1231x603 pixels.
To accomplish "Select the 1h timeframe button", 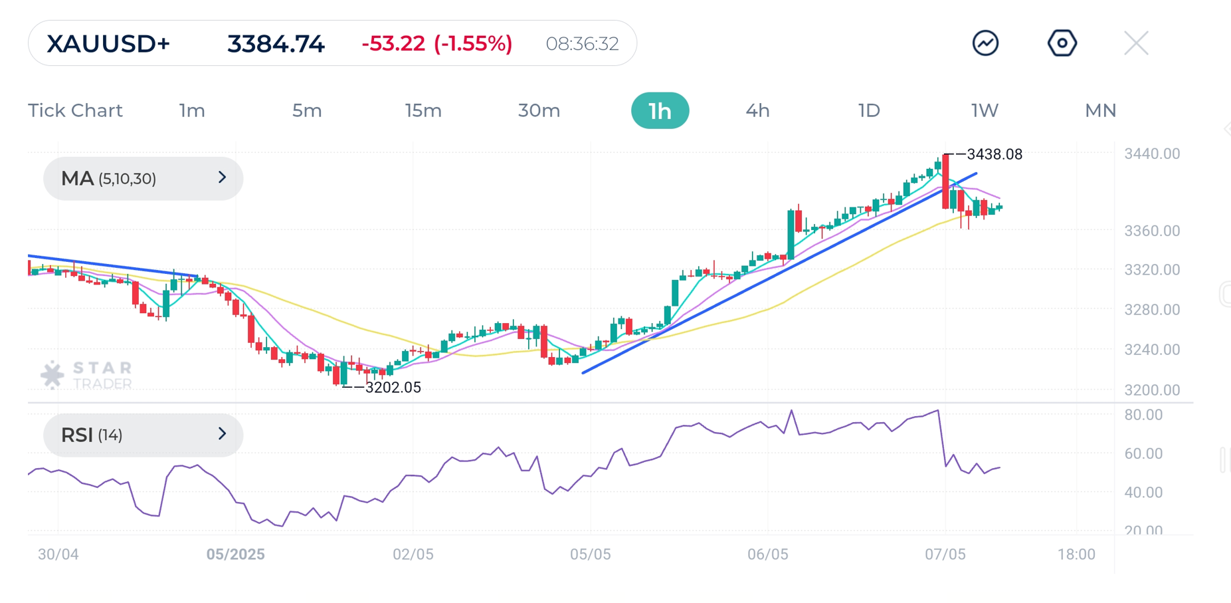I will click(x=660, y=110).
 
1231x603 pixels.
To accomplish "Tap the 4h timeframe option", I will click(x=757, y=110).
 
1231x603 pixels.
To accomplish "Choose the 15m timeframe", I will click(x=423, y=110).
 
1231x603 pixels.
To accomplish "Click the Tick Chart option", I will click(x=75, y=110).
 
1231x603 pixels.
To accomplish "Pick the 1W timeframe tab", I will click(x=985, y=110).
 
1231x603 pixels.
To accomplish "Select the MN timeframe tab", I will click(x=1100, y=110).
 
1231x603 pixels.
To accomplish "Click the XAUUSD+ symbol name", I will click(x=108, y=44).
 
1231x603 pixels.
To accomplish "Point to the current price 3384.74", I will click(x=276, y=44).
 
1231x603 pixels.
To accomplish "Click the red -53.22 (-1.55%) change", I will click(x=436, y=44).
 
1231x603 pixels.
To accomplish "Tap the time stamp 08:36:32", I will click(x=582, y=44).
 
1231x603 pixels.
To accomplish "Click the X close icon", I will click(x=1136, y=44).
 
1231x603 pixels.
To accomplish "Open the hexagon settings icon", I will click(x=1062, y=44).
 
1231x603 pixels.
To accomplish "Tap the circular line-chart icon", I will click(x=985, y=44).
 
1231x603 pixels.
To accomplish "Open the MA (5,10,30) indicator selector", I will click(x=143, y=178).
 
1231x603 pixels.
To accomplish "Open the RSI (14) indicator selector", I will click(x=143, y=435).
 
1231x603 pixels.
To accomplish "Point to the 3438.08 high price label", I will click(x=994, y=154).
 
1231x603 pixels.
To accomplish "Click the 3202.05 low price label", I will click(x=393, y=388).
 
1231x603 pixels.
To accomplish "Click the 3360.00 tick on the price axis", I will click(x=1151, y=231).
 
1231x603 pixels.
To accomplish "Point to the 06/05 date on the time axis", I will click(x=767, y=554).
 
